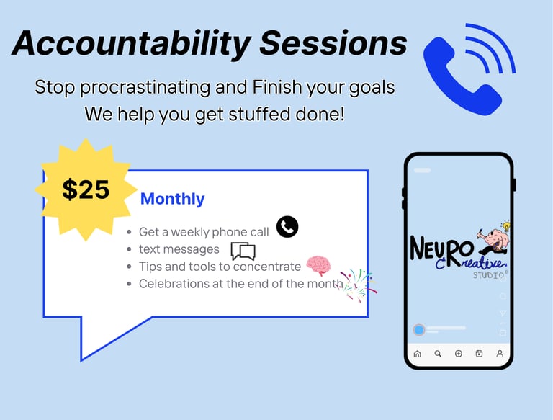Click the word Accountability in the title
tap(131, 44)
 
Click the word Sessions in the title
tap(333, 43)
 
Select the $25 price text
tap(86, 189)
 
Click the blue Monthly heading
tap(173, 199)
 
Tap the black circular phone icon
tap(287, 227)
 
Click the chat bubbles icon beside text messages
tap(243, 251)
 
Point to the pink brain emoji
tap(318, 265)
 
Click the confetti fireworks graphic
tap(357, 285)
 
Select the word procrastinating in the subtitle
tap(145, 87)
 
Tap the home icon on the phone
tap(417, 354)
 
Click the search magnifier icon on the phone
tap(438, 354)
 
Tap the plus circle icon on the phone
tap(459, 354)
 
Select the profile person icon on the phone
tap(500, 354)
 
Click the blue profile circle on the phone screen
tap(419, 330)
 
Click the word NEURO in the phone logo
tap(442, 249)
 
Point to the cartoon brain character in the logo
tap(495, 239)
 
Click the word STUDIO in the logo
tap(489, 275)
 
